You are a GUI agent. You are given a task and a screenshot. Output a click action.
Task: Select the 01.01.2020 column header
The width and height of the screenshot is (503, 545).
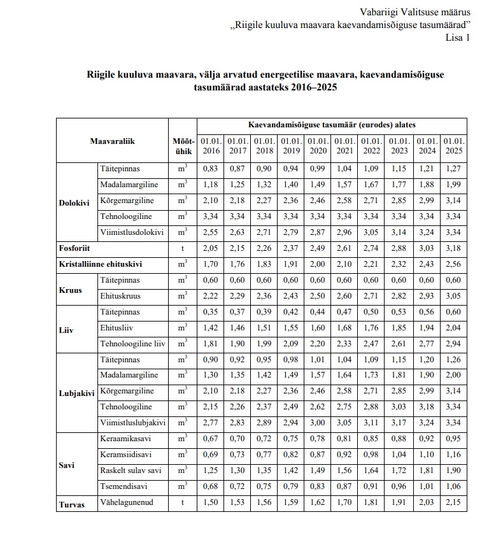(318, 145)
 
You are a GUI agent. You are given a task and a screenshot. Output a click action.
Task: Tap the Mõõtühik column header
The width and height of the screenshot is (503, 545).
(183, 145)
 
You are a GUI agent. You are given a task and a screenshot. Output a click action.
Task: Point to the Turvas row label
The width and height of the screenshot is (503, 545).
(73, 504)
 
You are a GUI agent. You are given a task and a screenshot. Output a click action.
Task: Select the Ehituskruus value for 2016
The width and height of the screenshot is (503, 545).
(210, 296)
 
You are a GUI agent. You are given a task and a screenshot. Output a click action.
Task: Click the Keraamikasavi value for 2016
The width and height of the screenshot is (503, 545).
(210, 439)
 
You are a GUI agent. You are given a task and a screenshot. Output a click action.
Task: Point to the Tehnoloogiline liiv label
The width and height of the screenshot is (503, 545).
(132, 344)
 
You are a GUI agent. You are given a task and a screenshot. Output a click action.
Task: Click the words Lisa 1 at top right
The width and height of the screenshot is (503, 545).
(457, 37)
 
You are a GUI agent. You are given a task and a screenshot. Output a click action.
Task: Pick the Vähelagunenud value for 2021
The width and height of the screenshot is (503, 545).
(344, 503)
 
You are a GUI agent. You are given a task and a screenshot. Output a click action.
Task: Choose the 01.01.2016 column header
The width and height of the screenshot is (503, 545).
(210, 145)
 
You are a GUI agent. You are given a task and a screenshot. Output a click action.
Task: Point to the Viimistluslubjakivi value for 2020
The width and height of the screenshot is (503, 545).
(318, 423)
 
